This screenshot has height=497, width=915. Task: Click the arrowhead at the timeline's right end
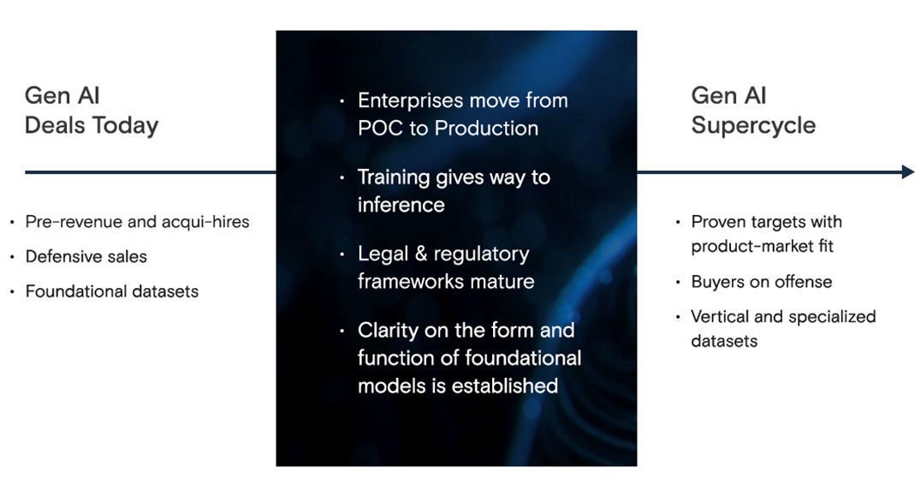(907, 171)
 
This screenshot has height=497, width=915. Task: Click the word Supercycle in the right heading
(753, 126)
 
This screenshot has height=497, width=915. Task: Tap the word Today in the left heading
(125, 126)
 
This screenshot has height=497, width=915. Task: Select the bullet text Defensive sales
(86, 256)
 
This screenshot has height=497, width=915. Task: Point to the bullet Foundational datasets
(112, 291)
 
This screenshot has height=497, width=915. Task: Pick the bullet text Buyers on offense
(762, 282)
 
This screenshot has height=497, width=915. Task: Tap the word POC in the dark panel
(381, 129)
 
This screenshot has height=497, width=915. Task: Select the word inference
(401, 205)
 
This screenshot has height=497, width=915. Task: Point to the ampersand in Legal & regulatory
(421, 254)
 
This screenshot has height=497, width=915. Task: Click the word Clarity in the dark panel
(388, 331)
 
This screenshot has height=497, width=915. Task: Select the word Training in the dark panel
(394, 177)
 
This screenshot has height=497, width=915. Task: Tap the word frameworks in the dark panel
(411, 282)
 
